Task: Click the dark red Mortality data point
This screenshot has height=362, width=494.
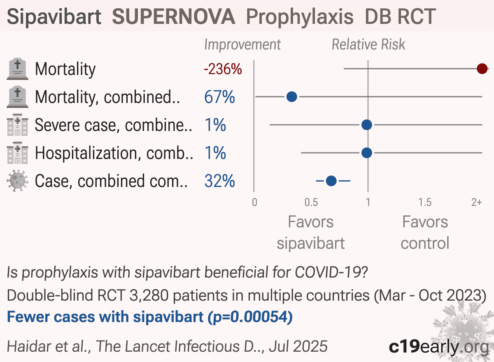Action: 482,69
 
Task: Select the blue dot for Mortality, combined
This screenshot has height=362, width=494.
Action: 291,97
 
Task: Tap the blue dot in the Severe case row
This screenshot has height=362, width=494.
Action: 367,125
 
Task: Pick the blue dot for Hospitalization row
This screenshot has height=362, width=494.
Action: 367,153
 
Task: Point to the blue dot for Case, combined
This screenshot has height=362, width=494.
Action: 331,181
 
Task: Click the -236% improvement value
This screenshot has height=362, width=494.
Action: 223,69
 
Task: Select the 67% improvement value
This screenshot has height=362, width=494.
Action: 219,97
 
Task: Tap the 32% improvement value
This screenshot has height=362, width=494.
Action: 219,181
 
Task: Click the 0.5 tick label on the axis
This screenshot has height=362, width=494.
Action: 311,202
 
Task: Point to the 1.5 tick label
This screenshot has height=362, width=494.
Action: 425,202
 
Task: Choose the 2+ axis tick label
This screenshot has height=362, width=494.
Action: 477,202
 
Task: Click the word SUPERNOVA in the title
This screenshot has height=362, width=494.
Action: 174,16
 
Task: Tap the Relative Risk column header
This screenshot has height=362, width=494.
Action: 368,44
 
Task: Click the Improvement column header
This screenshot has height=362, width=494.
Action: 242,45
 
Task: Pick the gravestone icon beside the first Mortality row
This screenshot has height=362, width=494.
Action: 17,69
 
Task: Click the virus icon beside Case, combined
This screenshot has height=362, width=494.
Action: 17,181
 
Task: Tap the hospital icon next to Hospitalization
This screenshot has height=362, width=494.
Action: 17,153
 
